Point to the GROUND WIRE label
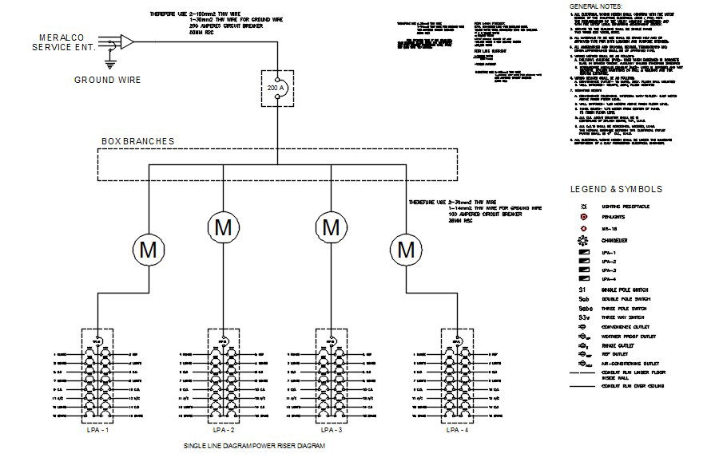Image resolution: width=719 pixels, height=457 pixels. (x=108, y=80)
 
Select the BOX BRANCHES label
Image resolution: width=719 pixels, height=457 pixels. (x=137, y=141)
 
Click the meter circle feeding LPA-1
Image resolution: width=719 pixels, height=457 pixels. (x=149, y=250)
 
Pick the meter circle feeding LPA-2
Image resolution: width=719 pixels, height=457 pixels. (x=223, y=227)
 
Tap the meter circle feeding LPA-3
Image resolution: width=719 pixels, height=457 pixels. (x=331, y=227)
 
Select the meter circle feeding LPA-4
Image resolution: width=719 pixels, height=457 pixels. (x=407, y=250)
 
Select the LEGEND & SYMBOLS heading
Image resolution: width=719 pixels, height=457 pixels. (x=616, y=190)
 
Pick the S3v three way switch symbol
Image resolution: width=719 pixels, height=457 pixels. (x=584, y=317)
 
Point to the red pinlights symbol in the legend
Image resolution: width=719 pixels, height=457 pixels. (x=583, y=216)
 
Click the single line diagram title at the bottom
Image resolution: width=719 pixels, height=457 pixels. (x=255, y=446)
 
